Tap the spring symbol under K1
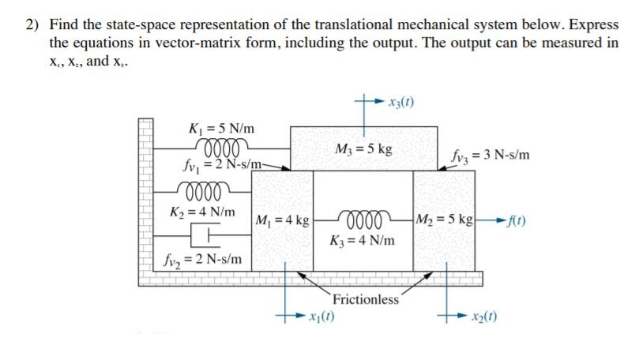[226, 145]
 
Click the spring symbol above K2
[206, 191]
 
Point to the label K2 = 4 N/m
[202, 212]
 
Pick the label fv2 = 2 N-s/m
[204, 259]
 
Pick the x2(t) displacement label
[485, 318]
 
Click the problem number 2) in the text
[31, 25]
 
